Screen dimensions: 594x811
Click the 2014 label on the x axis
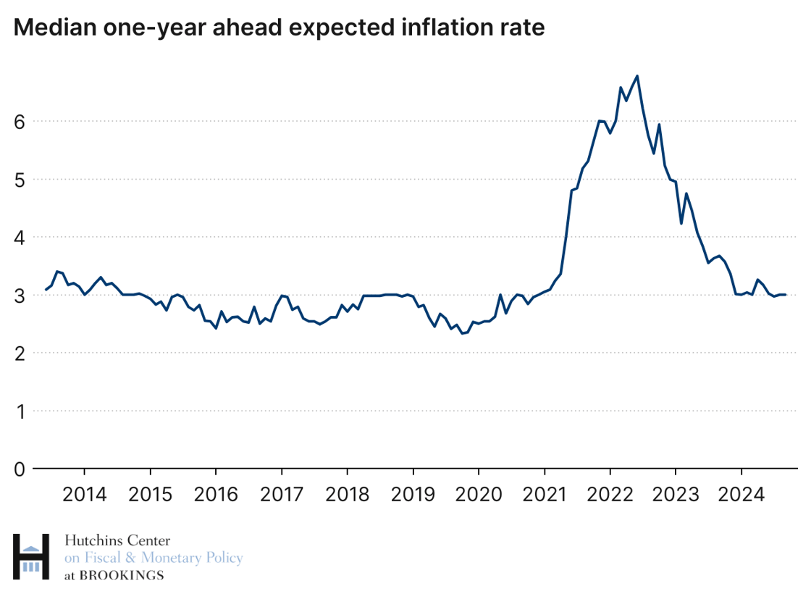(85, 495)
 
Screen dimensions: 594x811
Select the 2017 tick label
(282, 495)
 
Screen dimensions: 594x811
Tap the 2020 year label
(479, 495)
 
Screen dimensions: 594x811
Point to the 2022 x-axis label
(610, 495)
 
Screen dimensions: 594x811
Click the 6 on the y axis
(20, 121)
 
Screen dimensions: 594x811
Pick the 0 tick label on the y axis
(20, 469)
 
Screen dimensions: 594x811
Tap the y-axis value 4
(20, 238)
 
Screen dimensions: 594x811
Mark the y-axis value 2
(20, 354)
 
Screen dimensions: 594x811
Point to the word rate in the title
(518, 28)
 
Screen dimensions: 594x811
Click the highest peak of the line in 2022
(636, 75)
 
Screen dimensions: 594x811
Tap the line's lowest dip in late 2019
(462, 333)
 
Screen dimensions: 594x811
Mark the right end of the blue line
(786, 294)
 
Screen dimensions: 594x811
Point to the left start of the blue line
(46, 290)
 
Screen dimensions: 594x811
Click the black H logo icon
(31, 557)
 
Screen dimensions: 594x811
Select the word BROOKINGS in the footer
(122, 576)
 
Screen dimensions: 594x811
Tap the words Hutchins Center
(117, 540)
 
